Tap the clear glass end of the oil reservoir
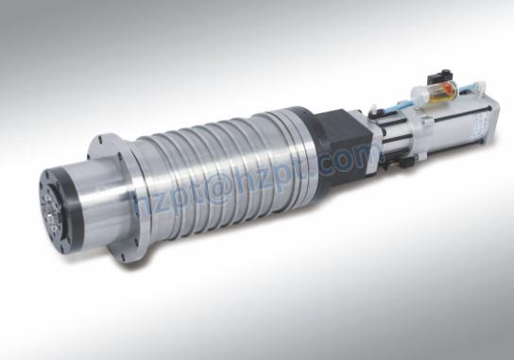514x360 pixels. (x=416, y=96)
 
